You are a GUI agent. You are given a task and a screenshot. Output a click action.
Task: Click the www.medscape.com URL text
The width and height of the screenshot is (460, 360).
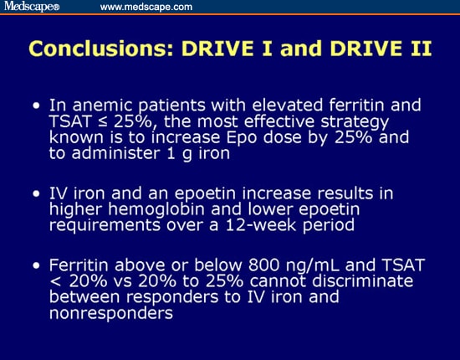point(146,7)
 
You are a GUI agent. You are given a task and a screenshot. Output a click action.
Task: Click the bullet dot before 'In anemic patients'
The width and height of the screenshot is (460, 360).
point(35,107)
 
